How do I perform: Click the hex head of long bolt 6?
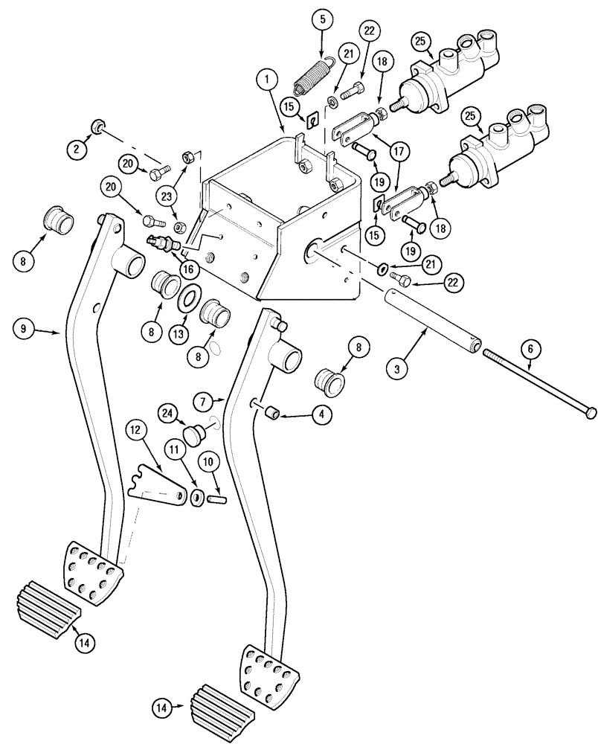(591, 411)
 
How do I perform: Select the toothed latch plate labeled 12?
(157, 485)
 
